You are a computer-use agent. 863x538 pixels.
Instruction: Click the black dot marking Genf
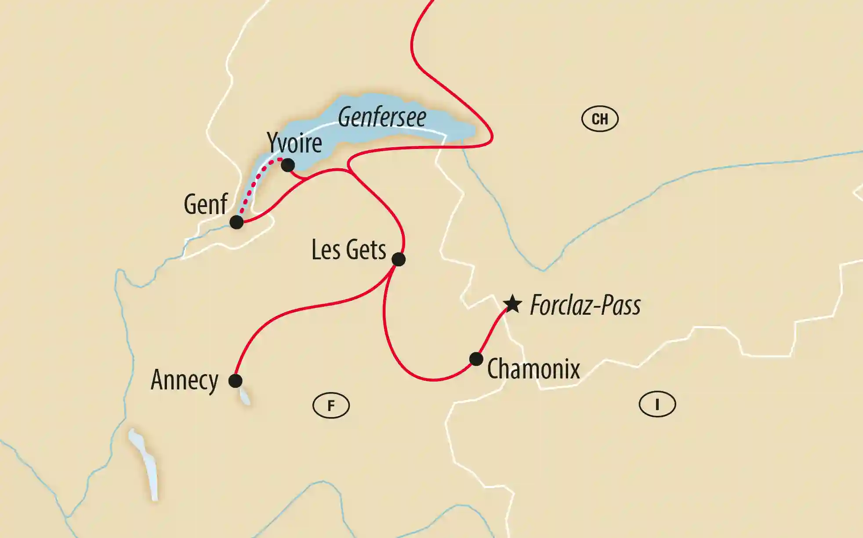tap(236, 222)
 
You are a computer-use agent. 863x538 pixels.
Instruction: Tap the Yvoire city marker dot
tap(288, 165)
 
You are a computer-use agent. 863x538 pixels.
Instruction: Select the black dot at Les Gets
tap(399, 259)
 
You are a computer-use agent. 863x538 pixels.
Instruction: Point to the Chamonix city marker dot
tap(476, 359)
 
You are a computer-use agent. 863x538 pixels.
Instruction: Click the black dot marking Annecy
tap(236, 381)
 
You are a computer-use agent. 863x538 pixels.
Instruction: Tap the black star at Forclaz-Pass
tap(512, 304)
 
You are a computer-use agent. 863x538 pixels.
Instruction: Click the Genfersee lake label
tap(382, 117)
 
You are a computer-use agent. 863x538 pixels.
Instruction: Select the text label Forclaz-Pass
tap(585, 305)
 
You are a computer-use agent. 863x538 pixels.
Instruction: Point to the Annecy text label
tap(185, 380)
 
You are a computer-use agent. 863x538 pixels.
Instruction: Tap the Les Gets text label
tap(348, 250)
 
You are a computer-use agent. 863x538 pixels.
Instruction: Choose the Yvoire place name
tap(294, 143)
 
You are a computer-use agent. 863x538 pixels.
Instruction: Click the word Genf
tap(205, 204)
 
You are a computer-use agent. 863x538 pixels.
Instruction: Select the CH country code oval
tap(600, 119)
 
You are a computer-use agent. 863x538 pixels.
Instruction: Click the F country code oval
tap(331, 405)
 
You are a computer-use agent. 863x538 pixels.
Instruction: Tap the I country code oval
tap(657, 404)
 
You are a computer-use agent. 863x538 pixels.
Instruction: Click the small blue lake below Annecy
tap(245, 396)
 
